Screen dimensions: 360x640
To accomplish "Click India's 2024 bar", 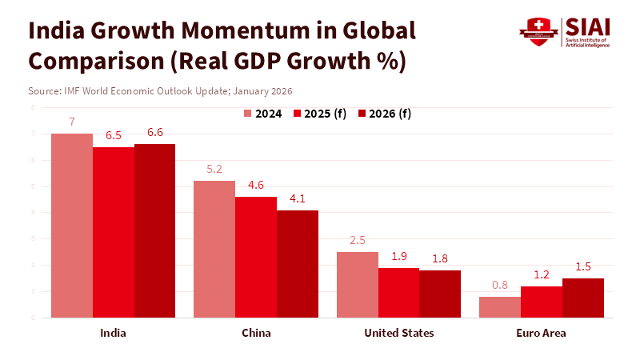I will coord(72,226).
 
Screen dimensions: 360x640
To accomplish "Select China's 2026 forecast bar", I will coord(298,264).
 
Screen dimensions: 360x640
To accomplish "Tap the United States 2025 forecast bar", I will coord(398,292).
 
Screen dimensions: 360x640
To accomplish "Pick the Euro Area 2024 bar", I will coord(500,307).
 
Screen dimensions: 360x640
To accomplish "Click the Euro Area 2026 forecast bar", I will coord(583,298).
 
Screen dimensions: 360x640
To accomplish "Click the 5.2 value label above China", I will coord(214,170).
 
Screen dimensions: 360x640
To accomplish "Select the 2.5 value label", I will coord(357,241).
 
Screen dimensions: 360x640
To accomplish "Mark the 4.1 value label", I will coord(298,199).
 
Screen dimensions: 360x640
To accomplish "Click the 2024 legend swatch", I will coord(248,114).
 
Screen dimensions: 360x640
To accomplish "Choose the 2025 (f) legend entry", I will coord(323,114).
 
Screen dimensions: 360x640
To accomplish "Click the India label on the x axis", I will coord(113,333).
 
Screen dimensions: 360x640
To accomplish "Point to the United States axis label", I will coord(398,333).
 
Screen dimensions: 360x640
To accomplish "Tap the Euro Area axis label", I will coord(542,333).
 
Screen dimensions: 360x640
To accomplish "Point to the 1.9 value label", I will coord(398,256).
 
